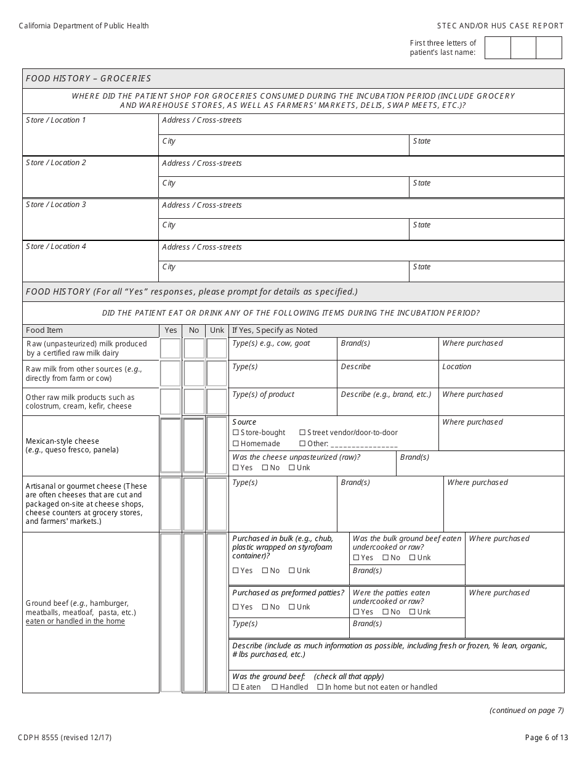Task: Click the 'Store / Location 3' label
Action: pos(56,205)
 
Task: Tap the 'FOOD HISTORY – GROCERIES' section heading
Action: pos(88,79)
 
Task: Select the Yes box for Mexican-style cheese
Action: pos(171,446)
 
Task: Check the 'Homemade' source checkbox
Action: pos(236,444)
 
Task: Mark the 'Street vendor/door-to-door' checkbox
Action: pos(302,433)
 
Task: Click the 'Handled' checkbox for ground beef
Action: pos(275,687)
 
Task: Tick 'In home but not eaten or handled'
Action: pos(320,687)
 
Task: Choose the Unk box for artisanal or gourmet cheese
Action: pos(217,504)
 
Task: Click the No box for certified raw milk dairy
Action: pos(194,349)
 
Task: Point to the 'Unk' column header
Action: pos(217,330)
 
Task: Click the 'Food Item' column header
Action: pos(44,330)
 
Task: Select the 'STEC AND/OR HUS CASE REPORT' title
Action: pos(500,26)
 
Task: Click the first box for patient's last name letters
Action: pos(498,48)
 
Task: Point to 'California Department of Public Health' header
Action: pos(84,26)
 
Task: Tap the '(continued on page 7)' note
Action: pos(526,711)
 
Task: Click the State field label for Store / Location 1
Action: pos(422,141)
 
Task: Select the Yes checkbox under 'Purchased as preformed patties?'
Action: pos(236,607)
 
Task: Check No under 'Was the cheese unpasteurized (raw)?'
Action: pos(265,468)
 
